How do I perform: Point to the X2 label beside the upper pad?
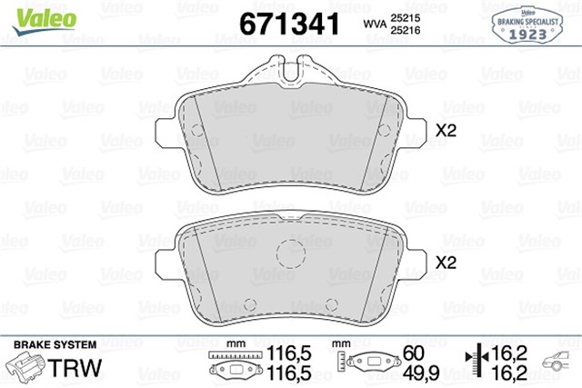(446, 131)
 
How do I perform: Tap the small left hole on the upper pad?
(196, 129)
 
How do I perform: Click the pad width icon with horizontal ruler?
(231, 363)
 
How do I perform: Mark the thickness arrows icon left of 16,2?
(474, 362)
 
